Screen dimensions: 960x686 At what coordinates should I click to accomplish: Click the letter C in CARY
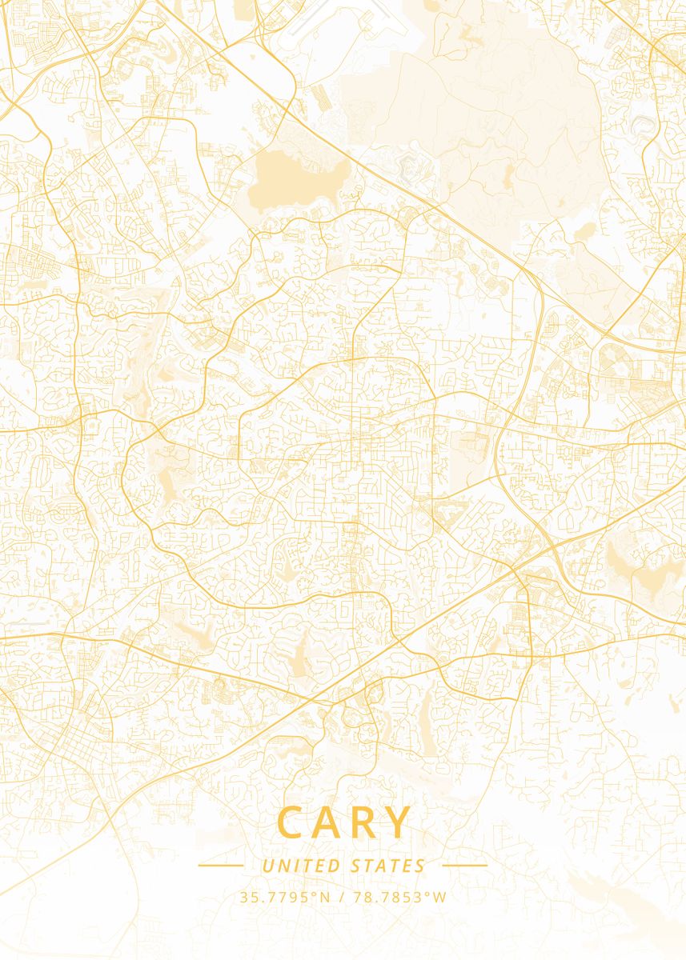pos(292,822)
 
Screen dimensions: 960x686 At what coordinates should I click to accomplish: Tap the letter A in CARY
pos(329,822)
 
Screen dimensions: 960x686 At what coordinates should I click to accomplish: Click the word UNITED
pos(300,866)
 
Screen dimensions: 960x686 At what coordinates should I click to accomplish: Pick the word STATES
pos(388,866)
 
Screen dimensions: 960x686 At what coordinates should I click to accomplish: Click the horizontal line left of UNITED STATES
pos(220,866)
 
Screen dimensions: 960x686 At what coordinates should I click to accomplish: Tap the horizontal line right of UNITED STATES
pos(464,866)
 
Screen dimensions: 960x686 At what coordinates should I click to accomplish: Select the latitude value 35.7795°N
pos(284,897)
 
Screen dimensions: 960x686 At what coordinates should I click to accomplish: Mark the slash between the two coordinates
pos(341,897)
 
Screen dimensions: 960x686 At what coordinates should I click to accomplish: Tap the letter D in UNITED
pos(334,866)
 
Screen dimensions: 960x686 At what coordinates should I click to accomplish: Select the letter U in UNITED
pos(267,866)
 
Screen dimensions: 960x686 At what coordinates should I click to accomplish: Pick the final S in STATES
pos(420,866)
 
